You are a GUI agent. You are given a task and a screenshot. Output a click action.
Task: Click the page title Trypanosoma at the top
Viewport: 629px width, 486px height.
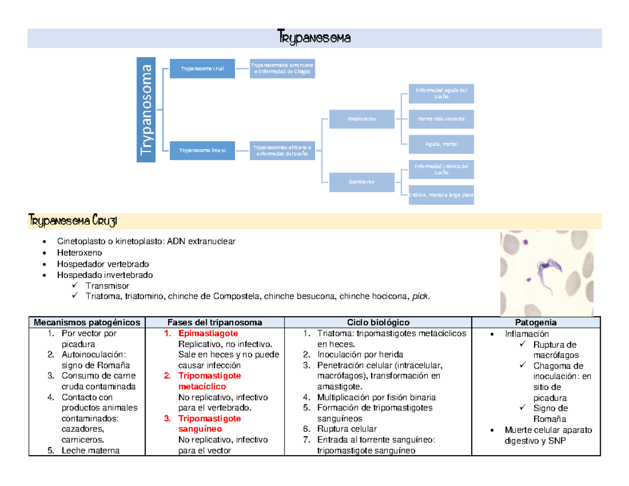(x=313, y=38)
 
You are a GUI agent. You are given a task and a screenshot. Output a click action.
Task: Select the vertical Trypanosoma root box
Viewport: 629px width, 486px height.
(x=146, y=110)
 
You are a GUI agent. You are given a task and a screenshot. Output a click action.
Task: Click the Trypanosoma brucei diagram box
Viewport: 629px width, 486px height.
(x=202, y=150)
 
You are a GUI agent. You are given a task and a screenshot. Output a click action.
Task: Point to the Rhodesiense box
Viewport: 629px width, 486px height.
(x=361, y=119)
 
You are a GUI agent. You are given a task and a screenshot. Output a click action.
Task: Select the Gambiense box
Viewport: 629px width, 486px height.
(x=361, y=181)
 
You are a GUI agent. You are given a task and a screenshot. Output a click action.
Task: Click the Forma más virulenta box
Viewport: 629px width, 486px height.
(x=441, y=118)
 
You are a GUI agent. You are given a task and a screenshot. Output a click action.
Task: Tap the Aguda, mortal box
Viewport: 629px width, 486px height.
(x=441, y=144)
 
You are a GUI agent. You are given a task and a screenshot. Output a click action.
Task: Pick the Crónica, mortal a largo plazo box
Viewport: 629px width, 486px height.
(x=441, y=195)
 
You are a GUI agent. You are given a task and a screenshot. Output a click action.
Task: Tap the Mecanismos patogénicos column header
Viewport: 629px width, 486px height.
(x=87, y=322)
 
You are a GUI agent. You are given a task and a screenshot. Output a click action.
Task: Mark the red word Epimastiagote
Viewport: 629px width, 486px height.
(x=208, y=333)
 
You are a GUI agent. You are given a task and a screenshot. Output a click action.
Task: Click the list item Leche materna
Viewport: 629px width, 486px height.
(x=90, y=450)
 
